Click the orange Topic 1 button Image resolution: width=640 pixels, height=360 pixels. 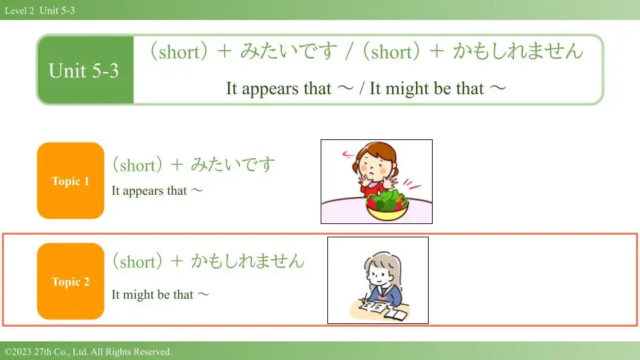[71, 181]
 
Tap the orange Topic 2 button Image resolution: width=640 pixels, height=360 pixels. [71, 281]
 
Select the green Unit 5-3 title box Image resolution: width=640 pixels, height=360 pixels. [85, 70]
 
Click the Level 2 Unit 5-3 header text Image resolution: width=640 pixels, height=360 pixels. [40, 11]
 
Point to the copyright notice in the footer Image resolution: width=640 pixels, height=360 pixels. [89, 351]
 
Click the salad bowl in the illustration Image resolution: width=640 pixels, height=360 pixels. [387, 205]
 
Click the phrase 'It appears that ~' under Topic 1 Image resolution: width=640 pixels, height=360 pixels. [157, 191]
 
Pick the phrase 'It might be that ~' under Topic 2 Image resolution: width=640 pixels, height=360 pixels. [160, 294]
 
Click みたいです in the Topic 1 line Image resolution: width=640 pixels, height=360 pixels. [233, 165]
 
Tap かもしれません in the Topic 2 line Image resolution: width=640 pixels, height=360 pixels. [248, 261]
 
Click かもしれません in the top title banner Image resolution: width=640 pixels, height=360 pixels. [518, 51]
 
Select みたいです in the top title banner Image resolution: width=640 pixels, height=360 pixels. [289, 51]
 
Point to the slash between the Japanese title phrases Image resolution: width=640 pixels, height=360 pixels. [349, 52]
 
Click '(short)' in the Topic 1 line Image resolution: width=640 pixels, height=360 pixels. [137, 165]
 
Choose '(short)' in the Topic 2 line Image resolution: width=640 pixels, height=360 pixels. [137, 261]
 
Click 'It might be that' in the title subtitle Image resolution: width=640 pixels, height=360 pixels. [427, 88]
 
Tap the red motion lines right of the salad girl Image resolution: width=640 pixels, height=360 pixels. [412, 184]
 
